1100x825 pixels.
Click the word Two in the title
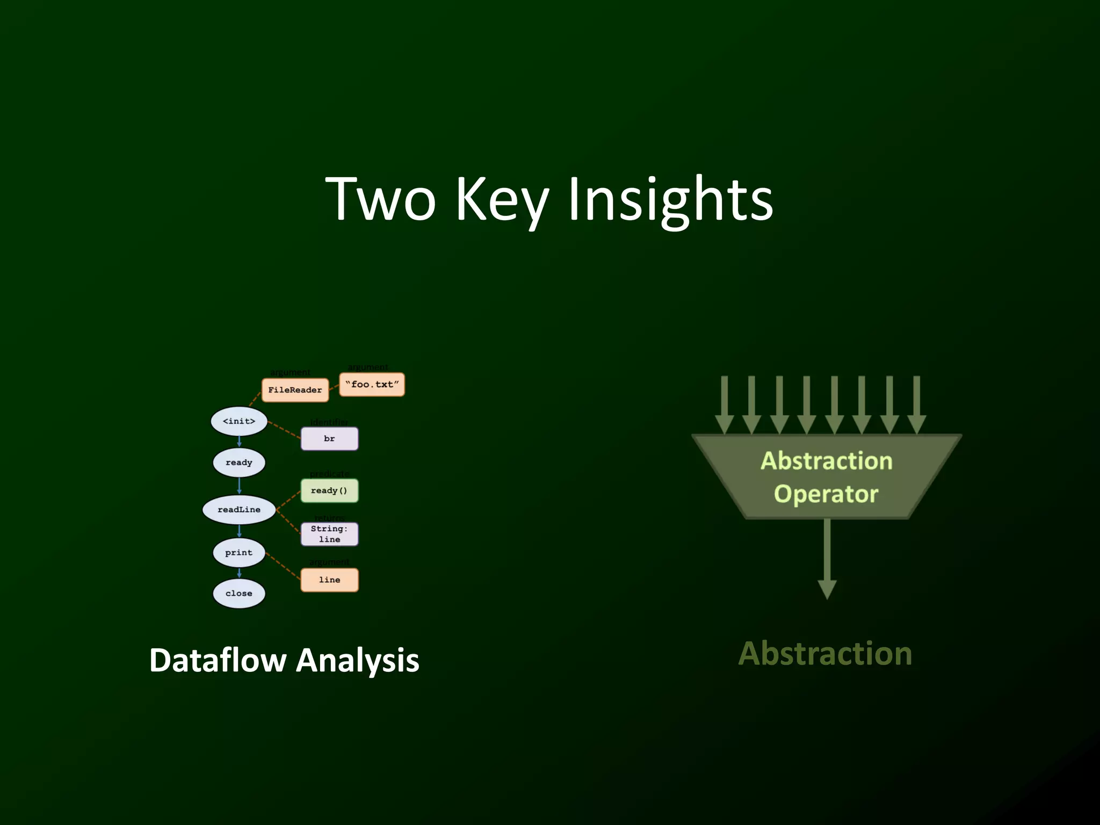coord(381,200)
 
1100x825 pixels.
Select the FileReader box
coord(295,390)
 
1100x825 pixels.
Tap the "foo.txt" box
coord(372,385)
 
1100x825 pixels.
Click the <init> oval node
coord(239,421)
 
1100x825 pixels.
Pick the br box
coord(329,439)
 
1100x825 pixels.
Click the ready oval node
coord(239,462)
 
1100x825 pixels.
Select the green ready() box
coord(329,490)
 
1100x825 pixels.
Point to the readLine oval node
coord(239,509)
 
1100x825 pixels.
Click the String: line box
coord(329,534)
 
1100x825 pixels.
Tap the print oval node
coord(239,553)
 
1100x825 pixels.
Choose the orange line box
coord(329,580)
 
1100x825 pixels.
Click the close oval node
coord(239,594)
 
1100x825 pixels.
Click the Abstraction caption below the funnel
coord(825,654)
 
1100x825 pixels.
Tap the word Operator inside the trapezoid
coord(826,494)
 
